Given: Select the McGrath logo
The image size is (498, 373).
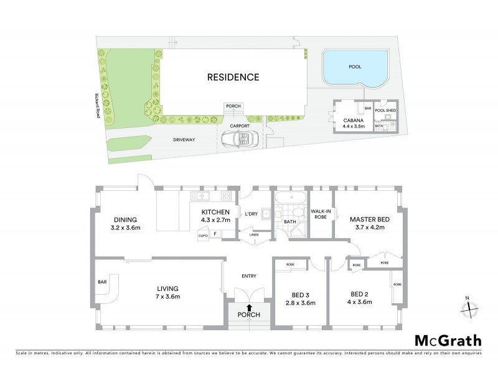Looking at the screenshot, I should (448, 340).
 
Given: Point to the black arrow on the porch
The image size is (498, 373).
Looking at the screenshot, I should (250, 307).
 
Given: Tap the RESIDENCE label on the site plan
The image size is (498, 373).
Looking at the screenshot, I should (233, 78).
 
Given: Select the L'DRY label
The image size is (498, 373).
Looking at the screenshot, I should (251, 214).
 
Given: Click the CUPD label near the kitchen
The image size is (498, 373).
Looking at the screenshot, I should (203, 236).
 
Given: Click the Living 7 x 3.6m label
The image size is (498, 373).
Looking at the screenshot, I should (168, 292).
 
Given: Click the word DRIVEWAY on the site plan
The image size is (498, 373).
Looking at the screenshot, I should (184, 140).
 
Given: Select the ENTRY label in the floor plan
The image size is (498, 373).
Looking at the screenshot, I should (248, 276).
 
